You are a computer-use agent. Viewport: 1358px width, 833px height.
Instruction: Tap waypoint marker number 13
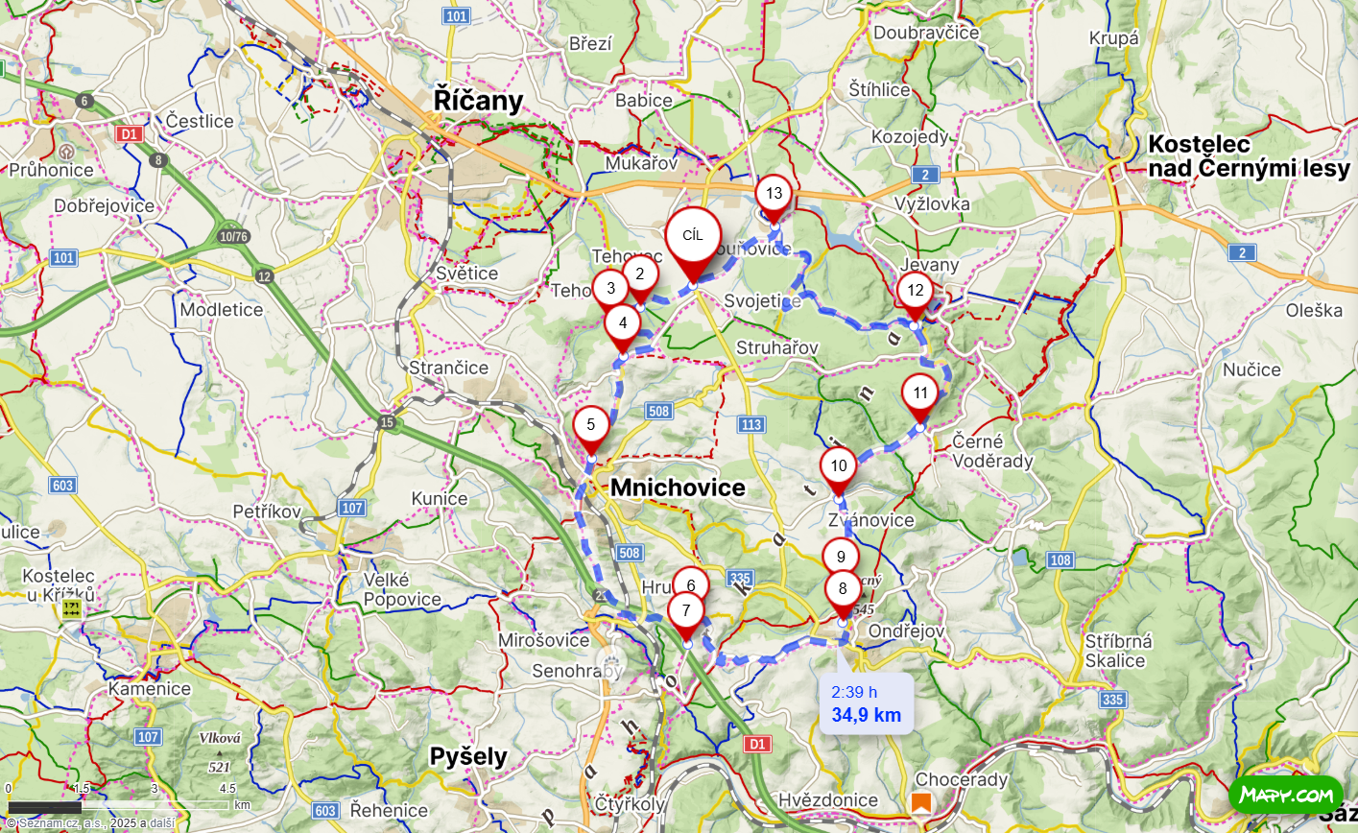coord(774,194)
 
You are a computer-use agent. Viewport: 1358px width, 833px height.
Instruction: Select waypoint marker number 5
coord(591,425)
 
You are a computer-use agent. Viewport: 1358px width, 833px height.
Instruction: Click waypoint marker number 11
coord(920,393)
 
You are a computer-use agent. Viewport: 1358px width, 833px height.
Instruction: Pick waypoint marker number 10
coord(839,466)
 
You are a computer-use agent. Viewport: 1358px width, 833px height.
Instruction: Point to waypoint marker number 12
coord(915,291)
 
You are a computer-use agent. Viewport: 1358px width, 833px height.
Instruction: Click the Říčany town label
coord(478,101)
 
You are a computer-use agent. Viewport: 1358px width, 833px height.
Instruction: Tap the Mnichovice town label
coord(678,488)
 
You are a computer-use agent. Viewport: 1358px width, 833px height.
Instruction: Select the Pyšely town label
coord(468,756)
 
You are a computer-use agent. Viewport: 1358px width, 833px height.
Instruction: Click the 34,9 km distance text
coord(866,715)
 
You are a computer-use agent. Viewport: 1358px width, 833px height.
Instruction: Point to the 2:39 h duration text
coord(854,692)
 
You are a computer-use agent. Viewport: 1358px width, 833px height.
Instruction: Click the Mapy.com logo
coord(1286,795)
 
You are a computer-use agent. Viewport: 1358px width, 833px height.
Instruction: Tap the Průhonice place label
coord(52,170)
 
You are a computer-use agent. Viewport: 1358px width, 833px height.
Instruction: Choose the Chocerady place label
coord(962,779)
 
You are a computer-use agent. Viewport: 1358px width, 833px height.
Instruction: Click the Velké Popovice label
coord(402,590)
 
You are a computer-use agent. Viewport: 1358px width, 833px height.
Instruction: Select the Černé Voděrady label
coord(992,451)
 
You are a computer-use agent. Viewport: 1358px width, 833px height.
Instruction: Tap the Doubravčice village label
coord(926,33)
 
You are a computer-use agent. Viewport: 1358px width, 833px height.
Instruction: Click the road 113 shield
coord(751,424)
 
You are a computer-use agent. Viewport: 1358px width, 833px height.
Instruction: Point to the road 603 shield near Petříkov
coord(63,486)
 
